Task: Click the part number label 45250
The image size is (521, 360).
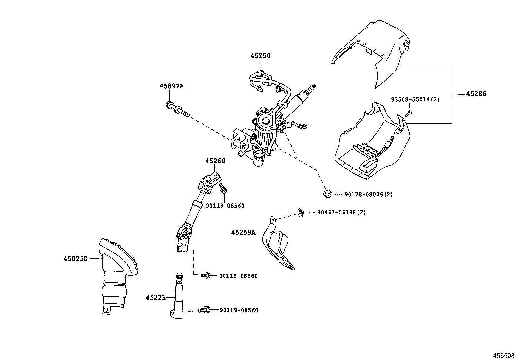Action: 260,56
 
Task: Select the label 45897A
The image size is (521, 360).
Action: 171,86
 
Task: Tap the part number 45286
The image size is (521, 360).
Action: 476,94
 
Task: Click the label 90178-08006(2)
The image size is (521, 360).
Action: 368,194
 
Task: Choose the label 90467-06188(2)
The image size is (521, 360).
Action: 341,212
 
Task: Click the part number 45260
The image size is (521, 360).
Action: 215,161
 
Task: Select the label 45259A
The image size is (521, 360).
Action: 243,233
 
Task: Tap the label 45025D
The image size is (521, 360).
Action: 76,259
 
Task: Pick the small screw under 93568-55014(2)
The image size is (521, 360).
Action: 408,114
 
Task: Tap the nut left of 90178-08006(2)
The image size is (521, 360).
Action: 326,193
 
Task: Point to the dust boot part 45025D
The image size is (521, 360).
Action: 116,275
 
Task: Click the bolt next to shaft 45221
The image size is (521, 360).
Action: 204,310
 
